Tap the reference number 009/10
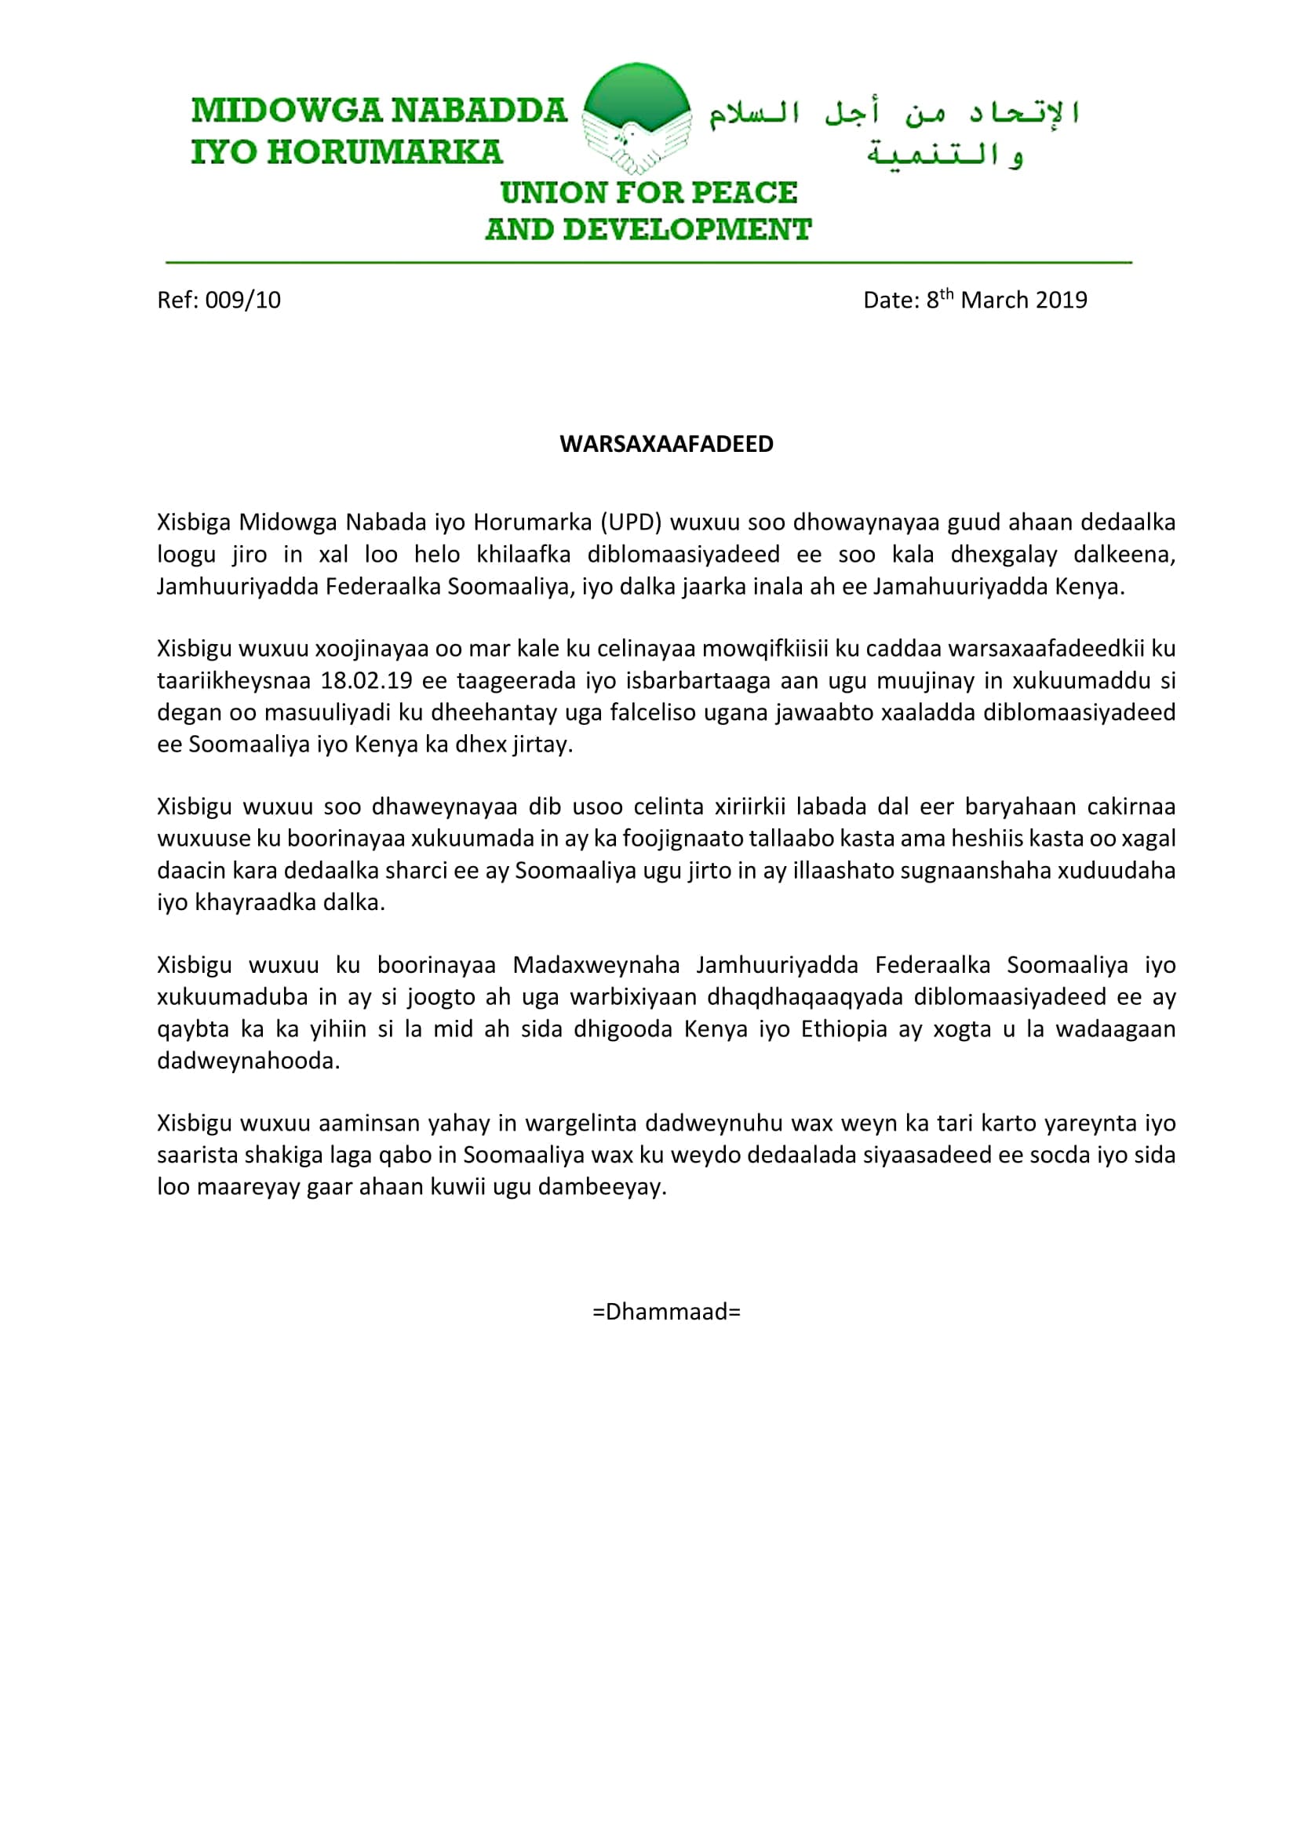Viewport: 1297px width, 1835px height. pyautogui.click(x=243, y=300)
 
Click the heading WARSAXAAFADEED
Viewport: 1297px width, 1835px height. pyautogui.click(x=666, y=444)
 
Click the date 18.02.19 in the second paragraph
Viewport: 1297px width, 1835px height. pyautogui.click(x=366, y=680)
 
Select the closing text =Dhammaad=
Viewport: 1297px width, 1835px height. pyautogui.click(x=666, y=1312)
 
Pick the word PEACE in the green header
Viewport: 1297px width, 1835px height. pyautogui.click(x=744, y=193)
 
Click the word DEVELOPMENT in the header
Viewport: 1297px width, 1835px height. pyautogui.click(x=687, y=230)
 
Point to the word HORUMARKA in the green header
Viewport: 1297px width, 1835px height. pyautogui.click(x=384, y=153)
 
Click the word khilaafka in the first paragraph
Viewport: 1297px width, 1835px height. pyautogui.click(x=523, y=554)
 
